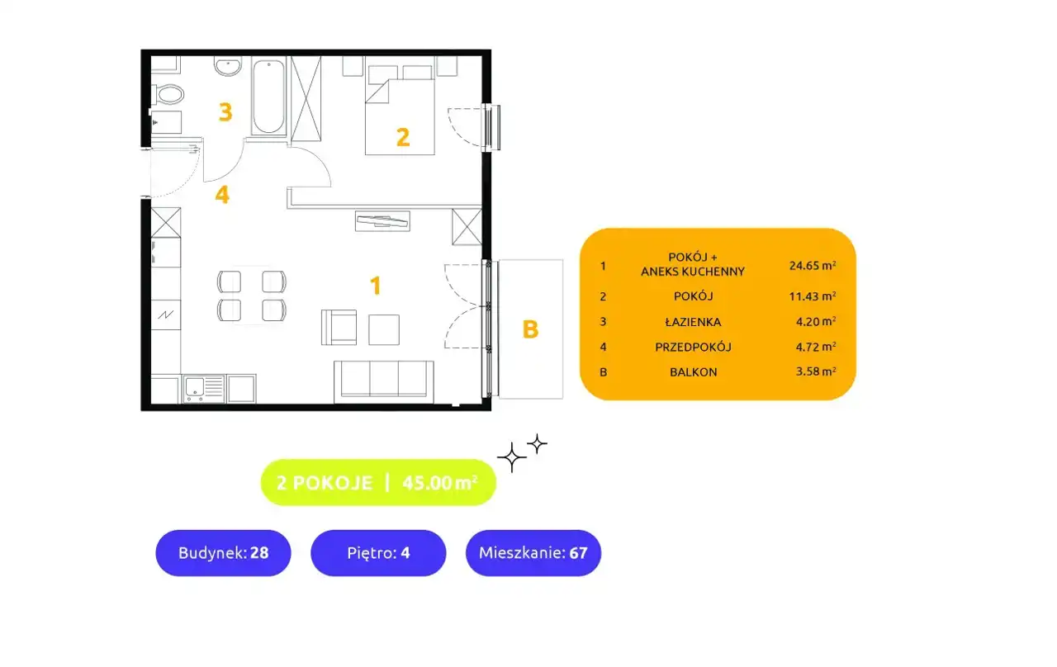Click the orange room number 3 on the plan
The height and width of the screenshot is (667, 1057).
click(x=225, y=112)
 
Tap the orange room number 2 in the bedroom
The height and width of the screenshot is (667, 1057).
click(x=402, y=137)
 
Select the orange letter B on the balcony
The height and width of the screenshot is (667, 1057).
click(x=530, y=329)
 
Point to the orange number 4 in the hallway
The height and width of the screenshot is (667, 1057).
click(x=222, y=194)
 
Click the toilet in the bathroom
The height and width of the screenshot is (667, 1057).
click(x=168, y=94)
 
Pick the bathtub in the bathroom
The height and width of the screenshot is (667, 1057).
click(x=268, y=96)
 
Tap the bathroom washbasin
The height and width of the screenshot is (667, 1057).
click(x=228, y=66)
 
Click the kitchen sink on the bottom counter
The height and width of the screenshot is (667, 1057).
click(x=204, y=389)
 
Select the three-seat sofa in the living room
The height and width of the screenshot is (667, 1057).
click(x=383, y=382)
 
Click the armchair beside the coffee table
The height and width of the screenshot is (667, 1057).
click(x=339, y=328)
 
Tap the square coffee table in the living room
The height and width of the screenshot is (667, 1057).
click(x=384, y=329)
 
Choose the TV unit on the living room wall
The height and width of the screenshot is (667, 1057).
click(x=382, y=220)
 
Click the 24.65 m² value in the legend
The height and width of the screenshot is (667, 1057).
click(x=813, y=265)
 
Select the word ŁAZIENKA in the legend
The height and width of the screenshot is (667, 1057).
click(x=693, y=322)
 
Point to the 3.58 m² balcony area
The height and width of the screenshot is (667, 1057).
click(x=816, y=371)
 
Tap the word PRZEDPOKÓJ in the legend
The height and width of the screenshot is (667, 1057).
click(x=693, y=348)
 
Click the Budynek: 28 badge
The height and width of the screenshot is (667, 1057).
click(x=223, y=553)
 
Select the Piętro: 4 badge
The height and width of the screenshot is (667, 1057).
click(x=378, y=553)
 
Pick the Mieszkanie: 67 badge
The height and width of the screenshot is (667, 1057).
click(x=533, y=553)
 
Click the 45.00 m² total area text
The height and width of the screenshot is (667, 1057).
click(x=440, y=483)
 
